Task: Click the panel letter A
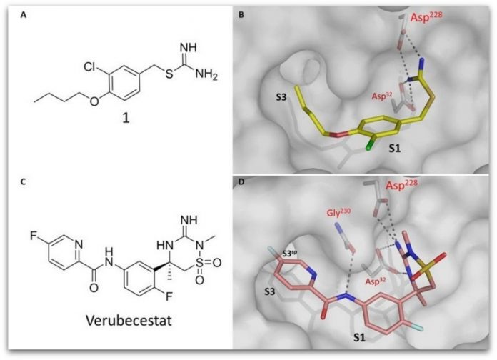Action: click(x=23, y=14)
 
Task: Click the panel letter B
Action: click(x=241, y=14)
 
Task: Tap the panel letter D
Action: click(x=241, y=183)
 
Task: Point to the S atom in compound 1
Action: click(x=169, y=75)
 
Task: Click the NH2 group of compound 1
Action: click(x=206, y=75)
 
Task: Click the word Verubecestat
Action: click(x=129, y=320)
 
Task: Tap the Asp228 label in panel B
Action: click(x=426, y=16)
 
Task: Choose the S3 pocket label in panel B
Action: click(x=281, y=96)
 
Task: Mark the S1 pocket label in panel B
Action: click(x=395, y=148)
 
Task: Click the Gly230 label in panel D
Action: click(x=339, y=213)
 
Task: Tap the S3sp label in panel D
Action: click(x=291, y=253)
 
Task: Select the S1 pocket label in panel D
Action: click(x=359, y=338)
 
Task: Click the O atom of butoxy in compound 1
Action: click(x=94, y=101)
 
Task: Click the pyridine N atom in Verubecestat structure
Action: click(x=79, y=244)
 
